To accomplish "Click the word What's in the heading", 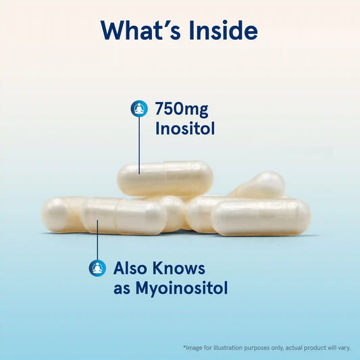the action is coord(140,30).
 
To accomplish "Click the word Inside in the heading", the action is coord(224,30).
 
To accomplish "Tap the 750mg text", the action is coord(182,109).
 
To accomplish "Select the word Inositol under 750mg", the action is coord(185,128).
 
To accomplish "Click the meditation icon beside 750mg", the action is coord(139,109).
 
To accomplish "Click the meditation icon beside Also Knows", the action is coord(97,268).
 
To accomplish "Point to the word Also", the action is coord(130,268).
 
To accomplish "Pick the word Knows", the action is coord(178,268).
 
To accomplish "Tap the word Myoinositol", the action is coord(182,288).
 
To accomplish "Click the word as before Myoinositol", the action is coord(122,289).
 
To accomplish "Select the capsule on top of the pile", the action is coord(165,179).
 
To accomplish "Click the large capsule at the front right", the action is coord(261,217).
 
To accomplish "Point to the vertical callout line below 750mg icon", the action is coord(139,146).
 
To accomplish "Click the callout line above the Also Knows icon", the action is coord(97,240).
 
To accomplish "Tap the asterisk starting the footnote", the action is coord(184,346).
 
